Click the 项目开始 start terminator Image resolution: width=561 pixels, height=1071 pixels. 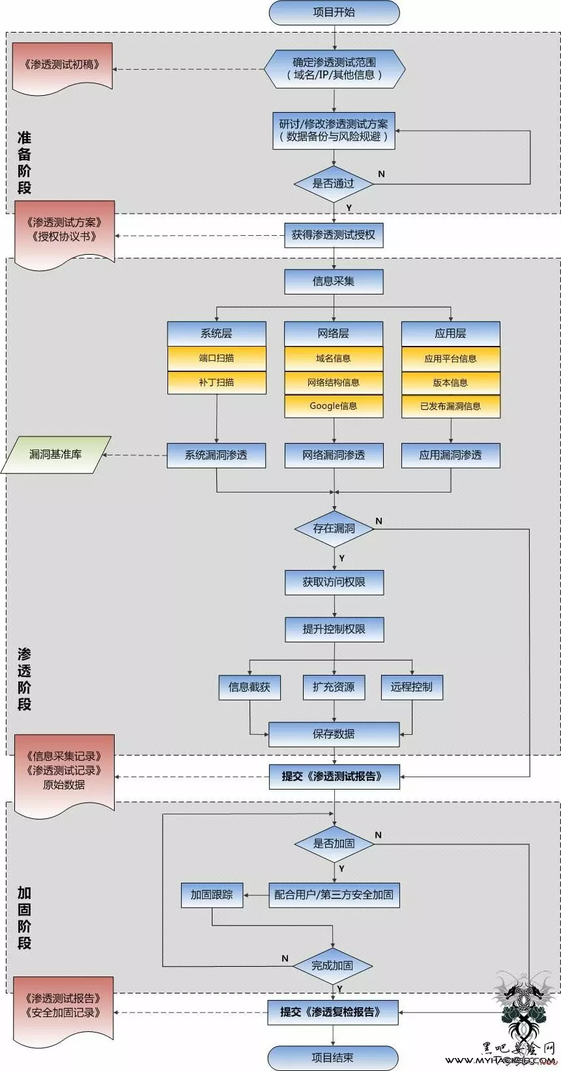point(334,12)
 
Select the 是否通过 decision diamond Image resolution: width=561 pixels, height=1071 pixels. point(334,184)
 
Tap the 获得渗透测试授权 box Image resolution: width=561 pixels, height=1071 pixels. point(334,235)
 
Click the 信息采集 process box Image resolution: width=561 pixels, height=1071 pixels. point(334,281)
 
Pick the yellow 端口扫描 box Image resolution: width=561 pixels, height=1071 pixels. point(217,358)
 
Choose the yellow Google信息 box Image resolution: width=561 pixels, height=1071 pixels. point(334,407)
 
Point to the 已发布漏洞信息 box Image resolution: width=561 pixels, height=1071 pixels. point(450,407)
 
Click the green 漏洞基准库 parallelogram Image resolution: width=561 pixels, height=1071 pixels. point(55,454)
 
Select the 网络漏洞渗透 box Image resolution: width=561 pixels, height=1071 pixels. point(334,455)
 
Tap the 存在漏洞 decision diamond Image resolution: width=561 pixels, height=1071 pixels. point(334,529)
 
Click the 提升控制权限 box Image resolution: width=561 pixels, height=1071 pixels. point(334,629)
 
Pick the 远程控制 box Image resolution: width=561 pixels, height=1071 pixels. point(412,687)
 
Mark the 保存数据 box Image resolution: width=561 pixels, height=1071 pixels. point(334,734)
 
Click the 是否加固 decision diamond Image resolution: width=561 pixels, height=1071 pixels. point(334,844)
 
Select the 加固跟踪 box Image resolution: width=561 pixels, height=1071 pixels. point(212,895)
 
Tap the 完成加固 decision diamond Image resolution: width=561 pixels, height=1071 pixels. point(333,965)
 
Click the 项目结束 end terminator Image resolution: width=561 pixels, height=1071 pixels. point(333,1057)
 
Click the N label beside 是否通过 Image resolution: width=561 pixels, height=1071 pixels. point(381,174)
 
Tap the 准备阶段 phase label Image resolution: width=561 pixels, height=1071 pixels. point(24,163)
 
